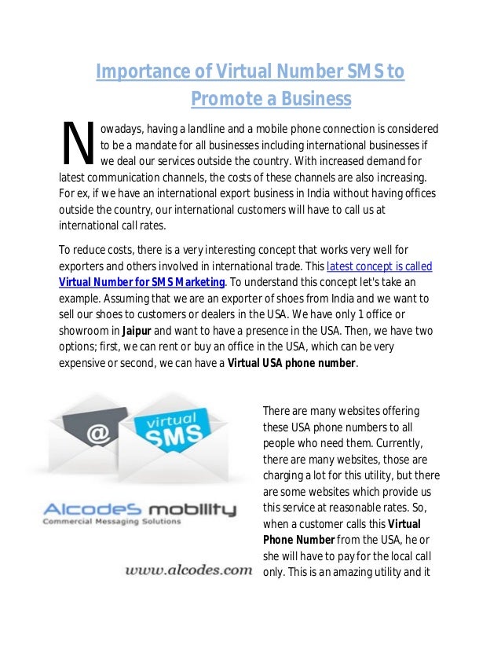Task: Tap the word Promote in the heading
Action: [223, 100]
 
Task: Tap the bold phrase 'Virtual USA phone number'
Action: [291, 364]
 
